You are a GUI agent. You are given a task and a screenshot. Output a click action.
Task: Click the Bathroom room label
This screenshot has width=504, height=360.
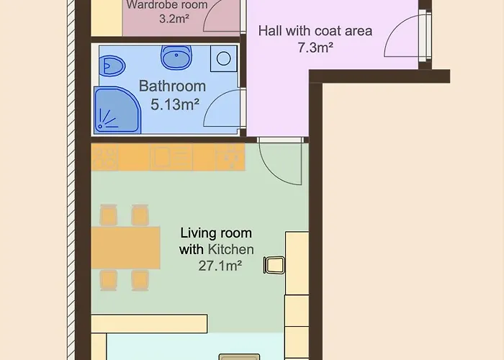pos(172,86)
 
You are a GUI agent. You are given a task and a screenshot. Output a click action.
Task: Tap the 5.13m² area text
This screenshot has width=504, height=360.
pos(175,104)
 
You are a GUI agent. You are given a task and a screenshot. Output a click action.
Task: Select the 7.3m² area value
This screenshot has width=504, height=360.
pos(315,48)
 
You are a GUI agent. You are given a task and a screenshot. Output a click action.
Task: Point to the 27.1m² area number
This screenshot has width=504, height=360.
pos(220,266)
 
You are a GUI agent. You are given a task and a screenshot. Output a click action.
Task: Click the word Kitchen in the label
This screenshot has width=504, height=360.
pos(231,249)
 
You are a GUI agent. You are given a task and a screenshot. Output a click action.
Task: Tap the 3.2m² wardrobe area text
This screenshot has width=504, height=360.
pos(174,19)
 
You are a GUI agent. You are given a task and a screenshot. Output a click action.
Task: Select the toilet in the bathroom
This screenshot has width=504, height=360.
pos(112,66)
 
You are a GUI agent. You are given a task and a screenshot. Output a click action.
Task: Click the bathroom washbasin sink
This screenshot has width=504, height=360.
pos(176,57)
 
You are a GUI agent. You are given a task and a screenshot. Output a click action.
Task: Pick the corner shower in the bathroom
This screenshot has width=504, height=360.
pos(117,110)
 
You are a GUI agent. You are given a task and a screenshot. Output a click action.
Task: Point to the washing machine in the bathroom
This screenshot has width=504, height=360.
pos(224,58)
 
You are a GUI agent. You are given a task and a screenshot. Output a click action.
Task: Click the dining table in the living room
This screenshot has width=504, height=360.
pos(126,248)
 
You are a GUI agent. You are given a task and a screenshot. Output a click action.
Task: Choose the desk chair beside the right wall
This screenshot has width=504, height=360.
pos(274,265)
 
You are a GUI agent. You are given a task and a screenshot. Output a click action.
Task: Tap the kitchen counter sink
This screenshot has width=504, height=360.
pos(171,157)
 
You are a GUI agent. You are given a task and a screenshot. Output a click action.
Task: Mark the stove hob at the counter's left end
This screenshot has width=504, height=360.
pos(105,157)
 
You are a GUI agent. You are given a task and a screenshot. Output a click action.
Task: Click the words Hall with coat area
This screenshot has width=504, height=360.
pos(315,31)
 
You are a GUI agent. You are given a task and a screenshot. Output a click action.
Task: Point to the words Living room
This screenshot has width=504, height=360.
pos(216,233)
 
